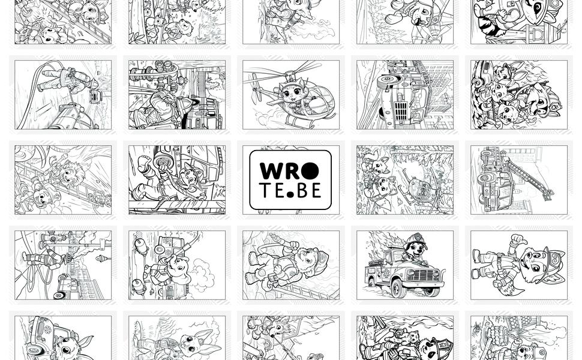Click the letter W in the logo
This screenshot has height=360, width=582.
coord(272,171)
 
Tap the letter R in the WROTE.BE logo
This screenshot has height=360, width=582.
coord(292,171)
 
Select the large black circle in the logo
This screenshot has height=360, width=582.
coord(310,171)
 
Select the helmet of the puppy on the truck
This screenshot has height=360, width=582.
coord(416,238)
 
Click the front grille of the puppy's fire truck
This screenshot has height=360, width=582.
coord(422,275)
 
